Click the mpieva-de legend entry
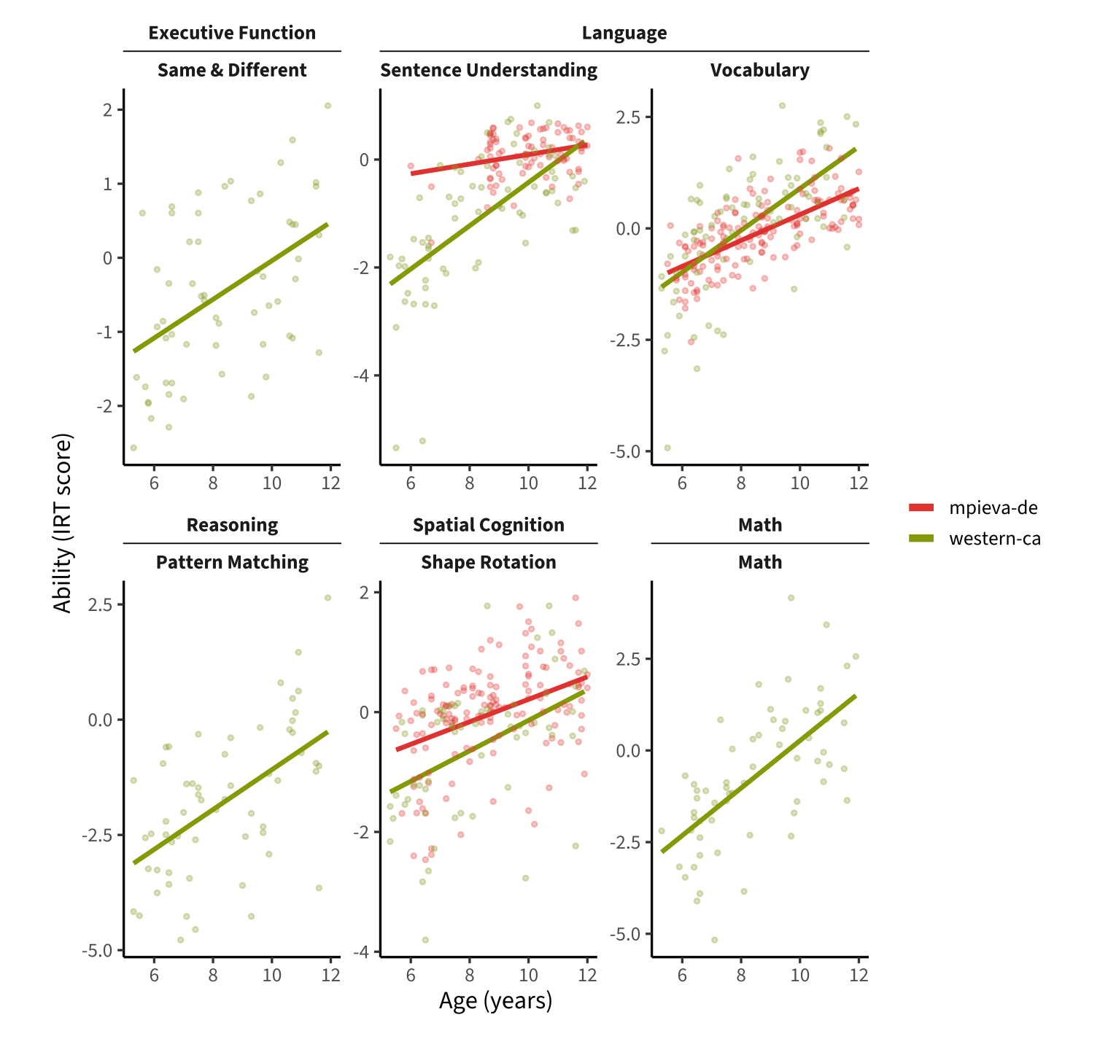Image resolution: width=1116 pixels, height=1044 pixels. tap(973, 508)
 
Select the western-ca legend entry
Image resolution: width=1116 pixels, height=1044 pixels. tap(973, 539)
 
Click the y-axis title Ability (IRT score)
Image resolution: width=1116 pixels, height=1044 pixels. tap(63, 523)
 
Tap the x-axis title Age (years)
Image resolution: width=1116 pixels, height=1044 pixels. tap(495, 1001)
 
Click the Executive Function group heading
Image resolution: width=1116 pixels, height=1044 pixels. tap(232, 33)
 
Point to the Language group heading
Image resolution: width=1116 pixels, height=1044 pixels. tap(624, 33)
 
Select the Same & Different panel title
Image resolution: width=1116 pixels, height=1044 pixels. tap(232, 70)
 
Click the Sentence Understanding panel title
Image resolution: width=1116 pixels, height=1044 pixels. tap(489, 70)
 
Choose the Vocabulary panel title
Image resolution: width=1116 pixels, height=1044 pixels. tap(760, 70)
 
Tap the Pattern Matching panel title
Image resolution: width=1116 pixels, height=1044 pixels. tap(232, 562)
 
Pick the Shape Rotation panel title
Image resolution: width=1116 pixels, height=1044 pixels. tap(489, 562)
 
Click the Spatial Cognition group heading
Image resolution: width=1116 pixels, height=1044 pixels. tap(489, 525)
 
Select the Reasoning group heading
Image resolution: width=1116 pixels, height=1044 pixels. tap(232, 525)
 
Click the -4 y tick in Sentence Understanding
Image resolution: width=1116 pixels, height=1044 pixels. tap(364, 375)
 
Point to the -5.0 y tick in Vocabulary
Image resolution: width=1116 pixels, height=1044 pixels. tap(627, 451)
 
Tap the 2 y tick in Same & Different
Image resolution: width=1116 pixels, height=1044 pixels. tap(107, 110)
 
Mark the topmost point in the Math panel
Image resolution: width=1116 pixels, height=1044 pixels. tap(791, 598)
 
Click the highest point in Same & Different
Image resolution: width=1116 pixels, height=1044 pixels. tap(328, 106)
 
